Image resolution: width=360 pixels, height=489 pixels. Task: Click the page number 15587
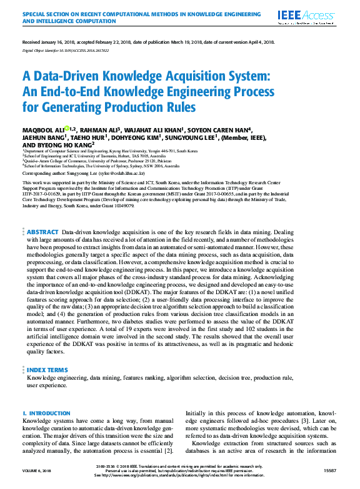click(330, 470)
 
